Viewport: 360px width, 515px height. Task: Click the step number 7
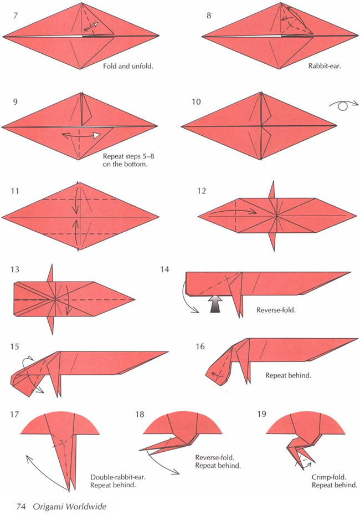[16, 16]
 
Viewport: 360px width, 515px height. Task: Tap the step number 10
[196, 102]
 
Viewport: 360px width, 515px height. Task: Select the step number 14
[164, 269]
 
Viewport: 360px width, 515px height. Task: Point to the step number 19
[261, 414]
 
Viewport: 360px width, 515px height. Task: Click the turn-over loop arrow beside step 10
[343, 105]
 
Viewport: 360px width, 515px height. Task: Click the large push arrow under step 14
[215, 303]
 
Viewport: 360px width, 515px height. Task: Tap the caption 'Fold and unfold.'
[128, 66]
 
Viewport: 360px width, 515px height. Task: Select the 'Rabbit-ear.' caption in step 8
[325, 65]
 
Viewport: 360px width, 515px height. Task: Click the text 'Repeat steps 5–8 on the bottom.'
[128, 160]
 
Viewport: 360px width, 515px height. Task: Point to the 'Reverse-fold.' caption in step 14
[276, 310]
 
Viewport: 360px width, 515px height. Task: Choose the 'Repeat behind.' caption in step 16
[288, 375]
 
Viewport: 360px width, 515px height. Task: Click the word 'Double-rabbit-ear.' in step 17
[117, 477]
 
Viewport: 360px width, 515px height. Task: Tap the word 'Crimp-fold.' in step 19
[329, 477]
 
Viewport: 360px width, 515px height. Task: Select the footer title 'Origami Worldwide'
[69, 507]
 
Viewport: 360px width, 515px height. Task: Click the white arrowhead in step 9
[96, 135]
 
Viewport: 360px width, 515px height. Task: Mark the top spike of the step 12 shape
[272, 189]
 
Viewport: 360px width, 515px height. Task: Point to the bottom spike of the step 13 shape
[51, 325]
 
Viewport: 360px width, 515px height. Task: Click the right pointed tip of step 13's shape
[135, 299]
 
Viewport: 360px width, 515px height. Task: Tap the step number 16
[200, 346]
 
